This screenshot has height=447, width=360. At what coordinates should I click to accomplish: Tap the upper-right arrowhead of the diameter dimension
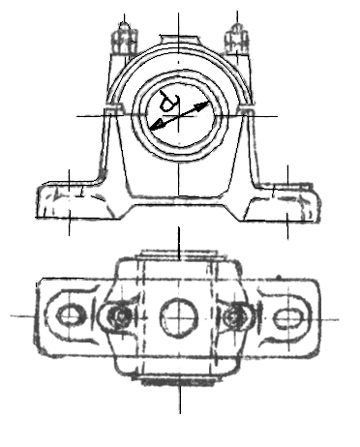[x=204, y=104]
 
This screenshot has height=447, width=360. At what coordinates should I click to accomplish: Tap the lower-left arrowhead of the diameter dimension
[x=156, y=126]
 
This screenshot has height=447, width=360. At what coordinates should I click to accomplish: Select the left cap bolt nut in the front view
[x=124, y=41]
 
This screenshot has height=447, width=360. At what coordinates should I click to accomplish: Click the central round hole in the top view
[x=178, y=317]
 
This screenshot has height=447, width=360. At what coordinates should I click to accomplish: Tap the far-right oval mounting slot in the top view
[x=287, y=318]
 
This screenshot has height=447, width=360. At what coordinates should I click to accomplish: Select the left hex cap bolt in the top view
[x=119, y=315]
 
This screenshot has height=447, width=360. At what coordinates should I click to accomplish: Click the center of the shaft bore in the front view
[x=179, y=116]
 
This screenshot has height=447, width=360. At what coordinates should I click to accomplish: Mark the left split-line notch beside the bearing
[x=113, y=108]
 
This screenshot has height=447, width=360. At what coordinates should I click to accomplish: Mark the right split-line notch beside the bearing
[x=246, y=108]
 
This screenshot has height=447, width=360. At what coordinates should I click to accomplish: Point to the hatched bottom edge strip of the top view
[x=178, y=382]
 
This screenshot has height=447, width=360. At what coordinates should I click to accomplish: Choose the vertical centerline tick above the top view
[x=179, y=243]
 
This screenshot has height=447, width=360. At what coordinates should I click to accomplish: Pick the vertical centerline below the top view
[x=180, y=400]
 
